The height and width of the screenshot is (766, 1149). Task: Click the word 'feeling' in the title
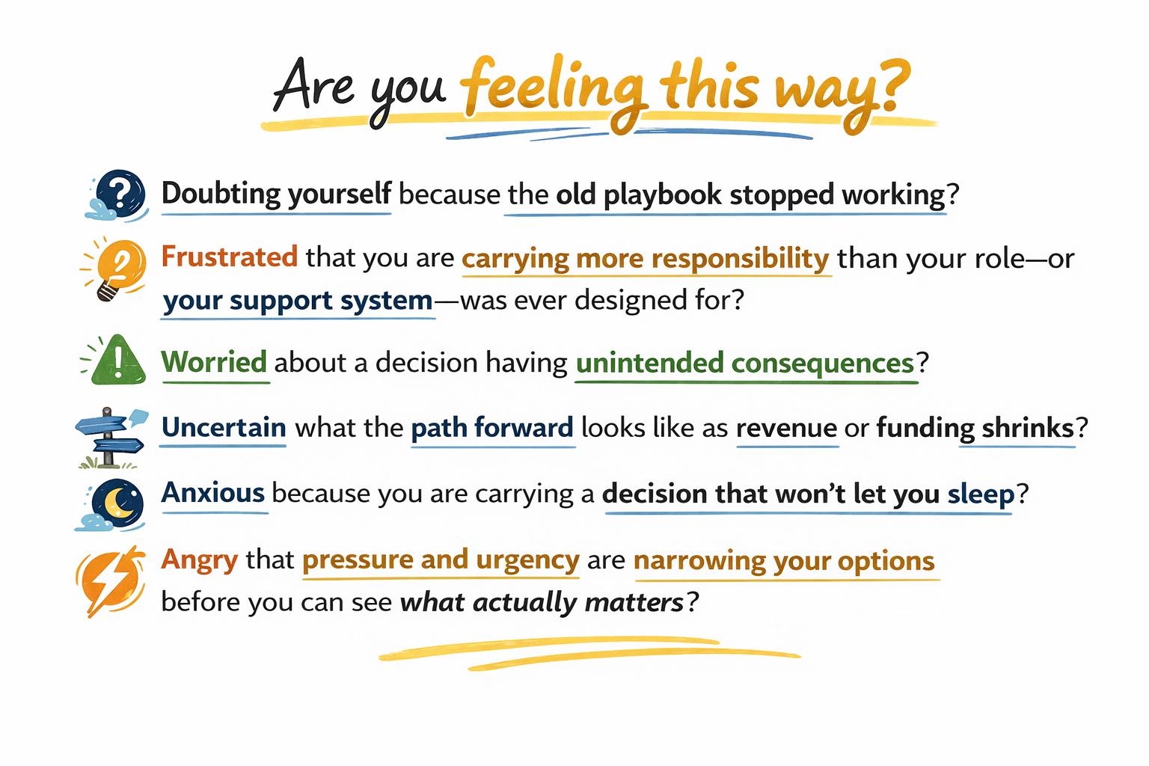click(551, 92)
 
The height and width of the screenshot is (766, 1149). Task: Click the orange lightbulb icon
click(114, 269)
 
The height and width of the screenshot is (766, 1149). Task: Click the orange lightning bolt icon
click(110, 581)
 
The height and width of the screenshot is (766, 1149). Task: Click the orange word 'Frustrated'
click(230, 257)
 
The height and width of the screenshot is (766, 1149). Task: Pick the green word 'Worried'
click(214, 362)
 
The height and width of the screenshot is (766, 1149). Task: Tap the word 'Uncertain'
click(224, 427)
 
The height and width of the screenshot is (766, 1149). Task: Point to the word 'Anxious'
click(213, 492)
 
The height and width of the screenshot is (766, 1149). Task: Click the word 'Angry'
click(200, 560)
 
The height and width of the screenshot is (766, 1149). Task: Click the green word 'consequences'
click(823, 364)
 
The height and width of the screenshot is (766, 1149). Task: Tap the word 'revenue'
click(786, 429)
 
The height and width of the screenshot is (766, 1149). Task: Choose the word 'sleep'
click(981, 494)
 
